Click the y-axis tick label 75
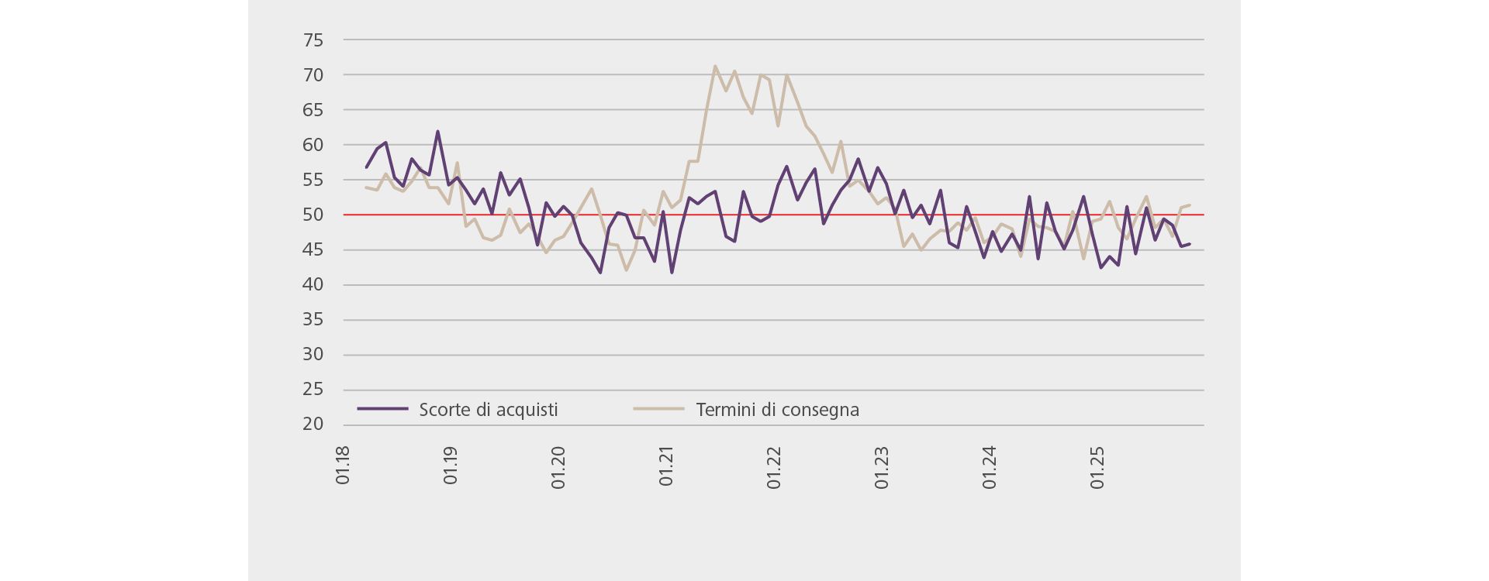click(313, 40)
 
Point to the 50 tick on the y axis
click(313, 215)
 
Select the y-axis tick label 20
click(313, 425)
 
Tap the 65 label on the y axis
click(313, 110)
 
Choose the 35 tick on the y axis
click(313, 320)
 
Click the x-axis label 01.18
click(343, 465)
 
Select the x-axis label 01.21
click(666, 465)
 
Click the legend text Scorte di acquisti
click(488, 410)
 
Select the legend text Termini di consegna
click(777, 410)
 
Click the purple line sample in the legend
click(382, 408)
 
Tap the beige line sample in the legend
click(658, 408)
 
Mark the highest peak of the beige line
click(714, 66)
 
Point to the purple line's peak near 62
click(437, 131)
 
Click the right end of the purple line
click(1190, 244)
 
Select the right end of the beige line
click(1190, 205)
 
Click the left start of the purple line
click(366, 167)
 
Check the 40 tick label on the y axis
click(313, 285)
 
